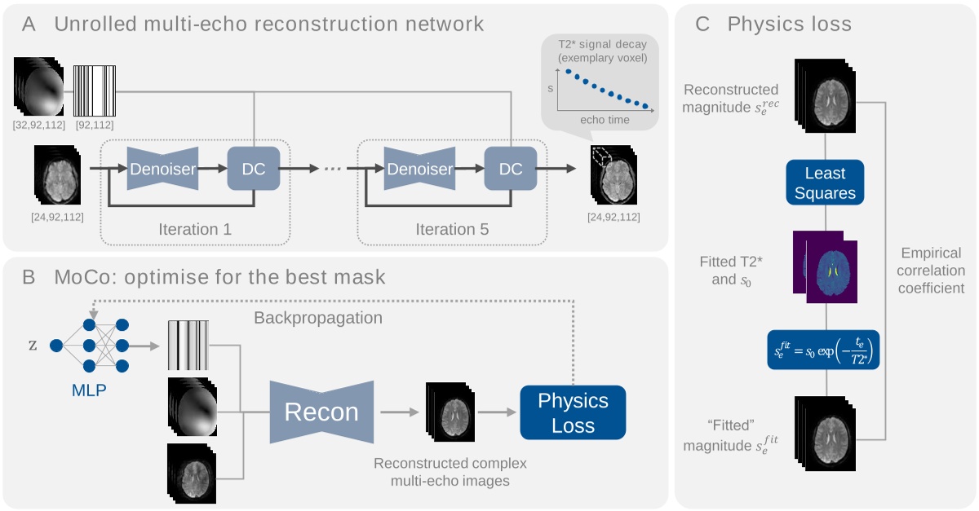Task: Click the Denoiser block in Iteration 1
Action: [162, 169]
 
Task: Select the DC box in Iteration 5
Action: [510, 169]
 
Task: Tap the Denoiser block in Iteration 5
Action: [419, 169]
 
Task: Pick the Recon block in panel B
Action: [321, 412]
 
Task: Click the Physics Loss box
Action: [572, 412]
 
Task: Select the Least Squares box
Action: [826, 184]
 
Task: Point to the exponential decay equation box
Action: [824, 350]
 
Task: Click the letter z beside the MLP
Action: [33, 344]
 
